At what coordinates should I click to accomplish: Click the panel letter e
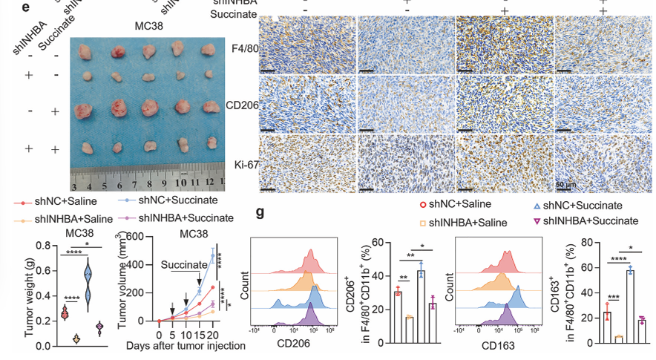[5, 9]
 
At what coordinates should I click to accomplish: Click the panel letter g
[260, 214]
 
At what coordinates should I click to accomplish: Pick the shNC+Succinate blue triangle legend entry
[580, 205]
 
